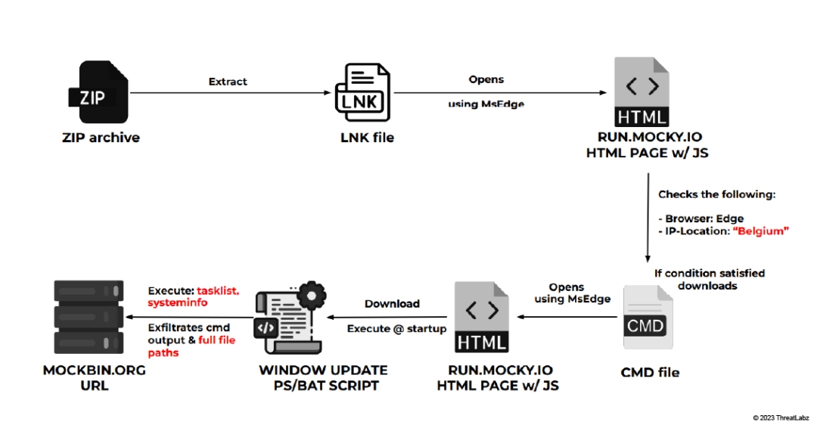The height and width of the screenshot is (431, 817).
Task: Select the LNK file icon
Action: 364,95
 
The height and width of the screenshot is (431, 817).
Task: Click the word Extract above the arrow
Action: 228,82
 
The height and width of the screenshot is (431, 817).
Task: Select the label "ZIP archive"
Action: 101,138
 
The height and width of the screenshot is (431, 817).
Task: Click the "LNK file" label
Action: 367,137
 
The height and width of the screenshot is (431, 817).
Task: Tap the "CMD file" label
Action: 650,372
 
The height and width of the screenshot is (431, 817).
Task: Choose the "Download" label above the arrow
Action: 392,303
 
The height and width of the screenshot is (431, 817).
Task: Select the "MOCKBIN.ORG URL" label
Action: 93,377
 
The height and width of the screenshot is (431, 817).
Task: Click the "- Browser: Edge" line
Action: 701,219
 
